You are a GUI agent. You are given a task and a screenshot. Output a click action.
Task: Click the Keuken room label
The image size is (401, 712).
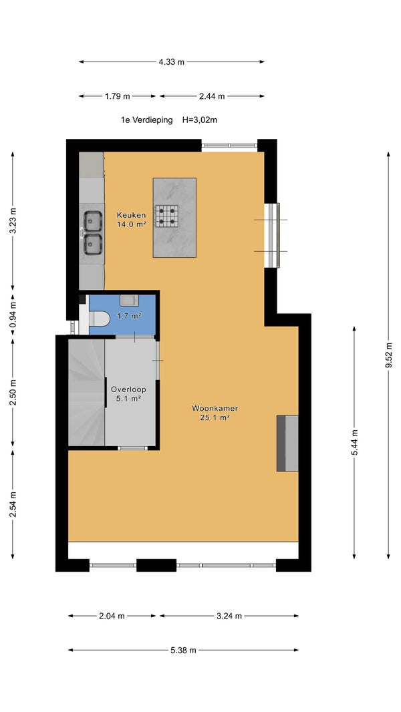[x=131, y=215]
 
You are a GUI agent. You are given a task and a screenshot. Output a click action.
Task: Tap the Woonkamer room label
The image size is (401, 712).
[x=215, y=408]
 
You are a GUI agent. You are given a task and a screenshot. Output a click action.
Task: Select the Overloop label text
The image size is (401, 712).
[x=128, y=389]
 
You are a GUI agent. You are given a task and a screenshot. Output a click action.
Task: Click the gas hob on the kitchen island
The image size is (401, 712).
[x=166, y=216]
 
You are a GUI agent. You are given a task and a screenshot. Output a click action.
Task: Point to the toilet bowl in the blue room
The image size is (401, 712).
[x=100, y=319]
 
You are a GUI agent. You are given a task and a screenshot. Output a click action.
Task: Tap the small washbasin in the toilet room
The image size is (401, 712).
[x=130, y=300]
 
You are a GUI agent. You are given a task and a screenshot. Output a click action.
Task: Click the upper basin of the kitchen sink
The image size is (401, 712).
[x=93, y=221]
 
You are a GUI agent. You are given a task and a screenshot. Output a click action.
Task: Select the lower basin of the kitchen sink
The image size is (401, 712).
[x=93, y=244]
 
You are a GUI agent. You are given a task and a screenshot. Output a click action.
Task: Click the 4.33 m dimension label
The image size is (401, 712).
[x=172, y=62]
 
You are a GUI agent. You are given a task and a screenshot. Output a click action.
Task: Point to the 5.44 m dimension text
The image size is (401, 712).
[x=354, y=443]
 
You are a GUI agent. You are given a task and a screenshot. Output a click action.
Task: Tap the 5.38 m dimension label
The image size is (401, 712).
[x=184, y=651]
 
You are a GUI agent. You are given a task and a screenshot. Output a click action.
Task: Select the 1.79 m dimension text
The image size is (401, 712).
[x=117, y=96]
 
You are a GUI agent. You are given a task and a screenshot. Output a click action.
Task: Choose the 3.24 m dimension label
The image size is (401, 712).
[x=229, y=616]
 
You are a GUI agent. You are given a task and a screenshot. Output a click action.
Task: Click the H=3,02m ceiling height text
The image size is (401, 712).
[x=200, y=120]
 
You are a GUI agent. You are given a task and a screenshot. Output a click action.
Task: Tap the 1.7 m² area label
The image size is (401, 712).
[x=129, y=316]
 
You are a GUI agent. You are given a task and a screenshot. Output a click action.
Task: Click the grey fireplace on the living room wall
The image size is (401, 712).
[x=287, y=443]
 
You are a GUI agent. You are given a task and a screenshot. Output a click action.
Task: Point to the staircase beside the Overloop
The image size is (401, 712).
[x=87, y=393]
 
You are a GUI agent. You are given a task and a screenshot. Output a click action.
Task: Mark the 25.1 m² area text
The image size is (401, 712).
[x=215, y=417]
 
